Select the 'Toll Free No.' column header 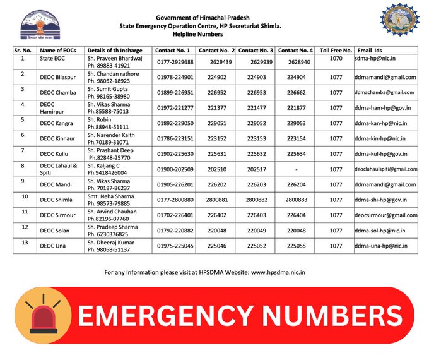(x=334, y=50)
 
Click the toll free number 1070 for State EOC (x=336, y=59)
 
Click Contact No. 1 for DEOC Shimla (x=175, y=200)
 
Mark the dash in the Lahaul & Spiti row (x=295, y=169)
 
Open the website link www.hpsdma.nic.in (x=278, y=273)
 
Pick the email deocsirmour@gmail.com (x=386, y=215)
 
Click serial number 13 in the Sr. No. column (x=25, y=242)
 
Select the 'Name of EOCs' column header (x=59, y=50)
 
